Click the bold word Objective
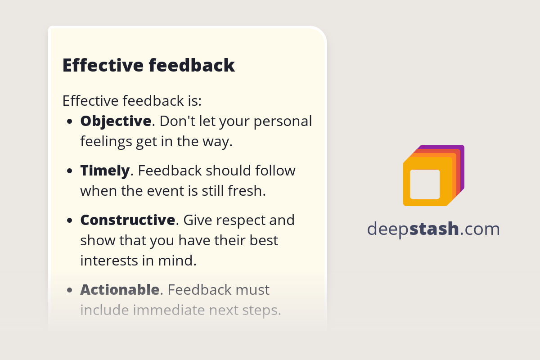[x=116, y=121]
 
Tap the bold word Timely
[x=105, y=171]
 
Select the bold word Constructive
[x=127, y=220]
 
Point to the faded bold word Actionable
[x=120, y=290]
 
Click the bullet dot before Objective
[x=70, y=121]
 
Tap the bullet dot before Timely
[x=70, y=171]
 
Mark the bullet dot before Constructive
[x=70, y=220]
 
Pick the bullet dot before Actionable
[x=70, y=290]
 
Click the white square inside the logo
[x=425, y=184]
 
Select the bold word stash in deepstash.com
[x=434, y=229]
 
